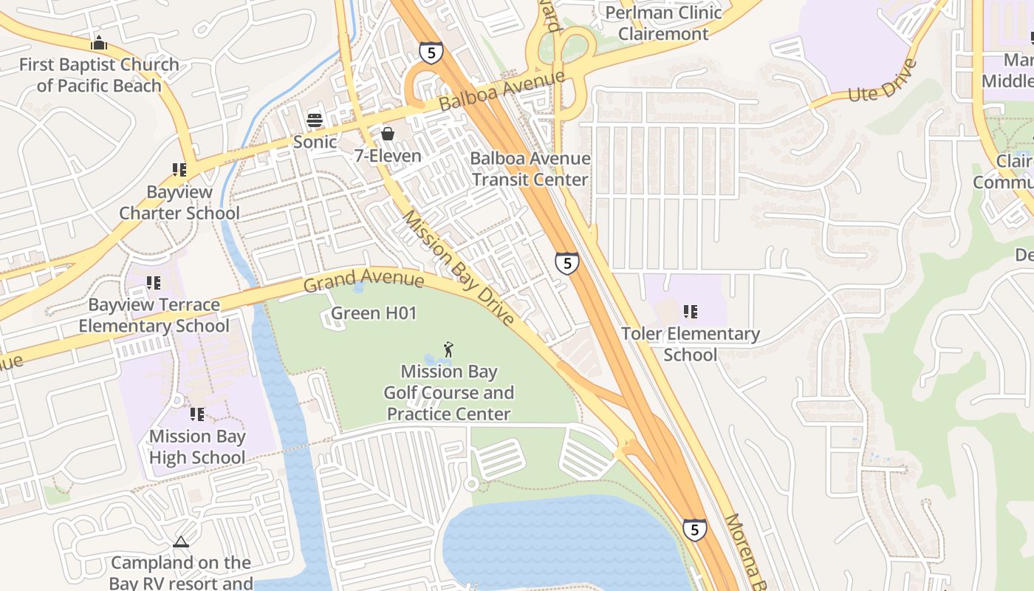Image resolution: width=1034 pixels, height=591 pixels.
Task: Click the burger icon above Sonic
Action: point(315,120)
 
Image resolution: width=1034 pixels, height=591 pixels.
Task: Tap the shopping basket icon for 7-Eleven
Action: point(387,134)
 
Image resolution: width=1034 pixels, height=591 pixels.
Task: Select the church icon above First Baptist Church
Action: point(98,43)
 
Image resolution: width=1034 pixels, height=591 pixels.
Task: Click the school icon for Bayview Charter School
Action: point(179,171)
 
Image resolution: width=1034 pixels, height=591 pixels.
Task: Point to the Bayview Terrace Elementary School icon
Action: point(154,283)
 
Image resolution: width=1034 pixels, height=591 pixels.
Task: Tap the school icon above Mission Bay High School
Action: point(196,414)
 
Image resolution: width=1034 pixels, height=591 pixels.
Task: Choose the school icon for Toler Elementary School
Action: point(691,312)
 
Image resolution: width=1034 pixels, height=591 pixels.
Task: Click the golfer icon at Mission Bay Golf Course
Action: point(448,349)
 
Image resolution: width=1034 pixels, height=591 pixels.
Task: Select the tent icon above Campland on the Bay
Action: point(181,542)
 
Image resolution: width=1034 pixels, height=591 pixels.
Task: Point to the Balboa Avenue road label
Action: point(502,91)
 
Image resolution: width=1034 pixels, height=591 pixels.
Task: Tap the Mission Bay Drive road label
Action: point(457,267)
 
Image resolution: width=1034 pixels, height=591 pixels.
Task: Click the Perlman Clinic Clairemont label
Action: point(662,23)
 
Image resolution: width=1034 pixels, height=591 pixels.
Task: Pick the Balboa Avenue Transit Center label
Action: point(530,168)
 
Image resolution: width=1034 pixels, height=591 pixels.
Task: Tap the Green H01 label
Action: point(374,313)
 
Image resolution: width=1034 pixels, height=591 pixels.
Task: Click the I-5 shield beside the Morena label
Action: point(694,529)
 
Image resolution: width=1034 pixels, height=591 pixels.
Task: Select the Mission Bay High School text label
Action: point(197,447)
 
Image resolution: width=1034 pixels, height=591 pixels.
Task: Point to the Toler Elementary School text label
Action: point(691,344)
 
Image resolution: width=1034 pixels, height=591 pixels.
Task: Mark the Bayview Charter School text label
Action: point(179,202)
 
